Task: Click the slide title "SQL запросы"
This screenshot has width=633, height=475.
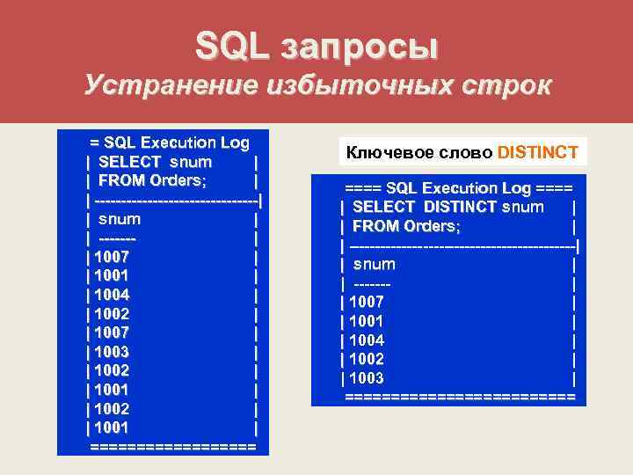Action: coord(316,44)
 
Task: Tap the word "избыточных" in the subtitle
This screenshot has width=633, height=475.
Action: coord(353,86)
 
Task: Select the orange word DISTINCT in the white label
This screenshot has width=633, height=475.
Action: coord(538,152)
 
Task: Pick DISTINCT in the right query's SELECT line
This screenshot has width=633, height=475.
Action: coord(460,207)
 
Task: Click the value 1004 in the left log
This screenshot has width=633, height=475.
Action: coord(108,295)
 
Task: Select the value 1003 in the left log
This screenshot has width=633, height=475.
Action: coord(108,351)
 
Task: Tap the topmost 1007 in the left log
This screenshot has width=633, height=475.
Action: coord(108,257)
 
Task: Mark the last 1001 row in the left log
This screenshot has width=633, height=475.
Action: coord(108,427)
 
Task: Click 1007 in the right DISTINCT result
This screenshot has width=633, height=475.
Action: coord(367,302)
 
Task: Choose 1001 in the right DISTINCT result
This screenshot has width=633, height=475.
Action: coord(367,321)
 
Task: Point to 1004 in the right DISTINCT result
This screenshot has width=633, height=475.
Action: coord(367,340)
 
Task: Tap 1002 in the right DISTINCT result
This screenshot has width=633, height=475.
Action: coord(367,359)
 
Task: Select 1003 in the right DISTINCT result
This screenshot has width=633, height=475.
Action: coord(367,378)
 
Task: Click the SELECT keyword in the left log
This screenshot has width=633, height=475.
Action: coord(130,162)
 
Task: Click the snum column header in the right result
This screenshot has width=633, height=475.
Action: coord(374,264)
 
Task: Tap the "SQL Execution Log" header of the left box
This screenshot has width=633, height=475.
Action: coord(176,142)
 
